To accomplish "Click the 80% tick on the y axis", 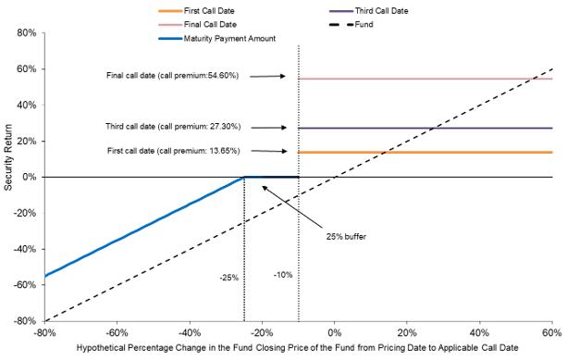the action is [27, 33].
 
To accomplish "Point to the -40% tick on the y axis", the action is [25, 249].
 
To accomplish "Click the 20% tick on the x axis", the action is [407, 332].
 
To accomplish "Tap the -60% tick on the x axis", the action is [117, 332].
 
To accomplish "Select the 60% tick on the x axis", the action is [552, 332].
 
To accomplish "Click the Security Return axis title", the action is [8, 157].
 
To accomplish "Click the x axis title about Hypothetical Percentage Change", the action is [298, 348].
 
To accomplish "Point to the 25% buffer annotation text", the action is [346, 237].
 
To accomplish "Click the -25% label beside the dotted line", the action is [229, 278].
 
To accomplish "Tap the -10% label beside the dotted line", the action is [283, 275].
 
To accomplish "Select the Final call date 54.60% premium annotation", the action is [172, 75].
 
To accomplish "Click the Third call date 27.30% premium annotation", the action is [173, 127].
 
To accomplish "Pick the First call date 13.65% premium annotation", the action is [174, 151].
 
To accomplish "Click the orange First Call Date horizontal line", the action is [425, 153].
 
